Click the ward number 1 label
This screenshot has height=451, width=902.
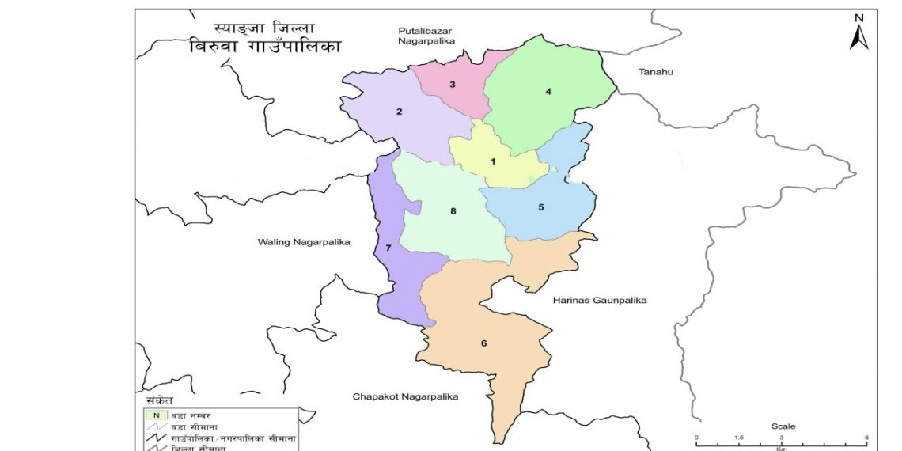[493, 161]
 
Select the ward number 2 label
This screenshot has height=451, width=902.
[400, 112]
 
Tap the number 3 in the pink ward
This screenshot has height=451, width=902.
[453, 84]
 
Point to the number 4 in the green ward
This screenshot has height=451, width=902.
[548, 91]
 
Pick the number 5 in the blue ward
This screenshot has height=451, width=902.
[541, 207]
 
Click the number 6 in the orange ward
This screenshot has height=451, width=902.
[483, 343]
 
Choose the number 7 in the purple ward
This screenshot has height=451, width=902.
[388, 248]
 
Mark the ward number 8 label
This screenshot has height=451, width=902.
[453, 210]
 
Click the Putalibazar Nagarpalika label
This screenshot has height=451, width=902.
[427, 36]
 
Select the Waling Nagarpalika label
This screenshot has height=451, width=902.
[304, 241]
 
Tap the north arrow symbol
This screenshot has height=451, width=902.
[859, 36]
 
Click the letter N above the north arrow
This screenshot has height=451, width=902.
[859, 17]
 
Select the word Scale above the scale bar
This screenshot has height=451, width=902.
[783, 426]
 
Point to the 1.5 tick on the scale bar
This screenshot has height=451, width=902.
[737, 438]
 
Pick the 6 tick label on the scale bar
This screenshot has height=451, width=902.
[866, 438]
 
